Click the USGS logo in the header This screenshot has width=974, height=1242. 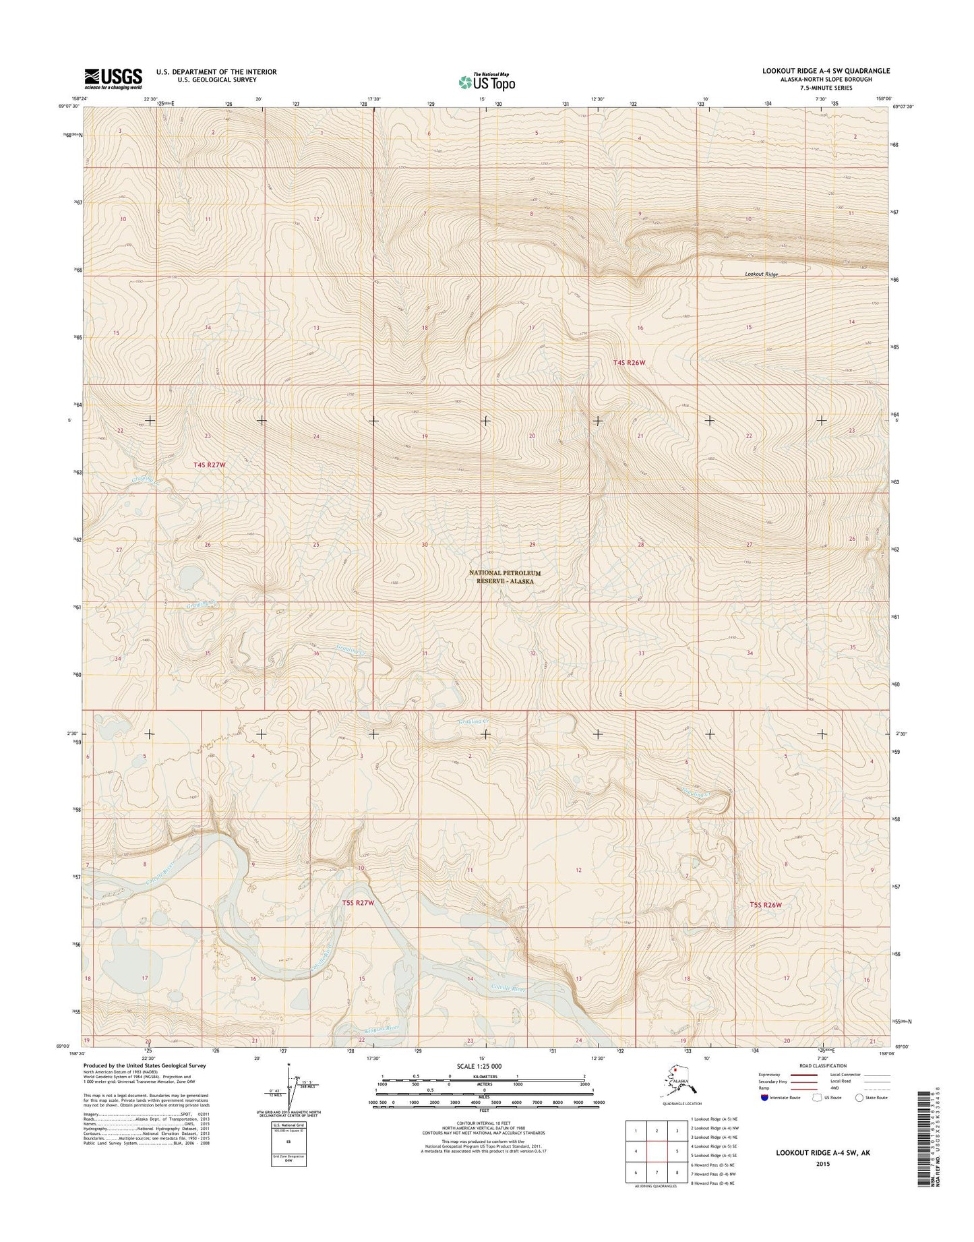tap(113, 78)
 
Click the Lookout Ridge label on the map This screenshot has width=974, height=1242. tap(761, 274)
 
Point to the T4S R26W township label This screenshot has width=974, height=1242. tap(629, 363)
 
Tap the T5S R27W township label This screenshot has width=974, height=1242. tap(353, 902)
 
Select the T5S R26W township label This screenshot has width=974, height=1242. tap(766, 905)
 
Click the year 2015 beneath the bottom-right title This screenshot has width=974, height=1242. tap(822, 1164)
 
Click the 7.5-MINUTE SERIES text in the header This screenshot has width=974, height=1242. tap(836, 88)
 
